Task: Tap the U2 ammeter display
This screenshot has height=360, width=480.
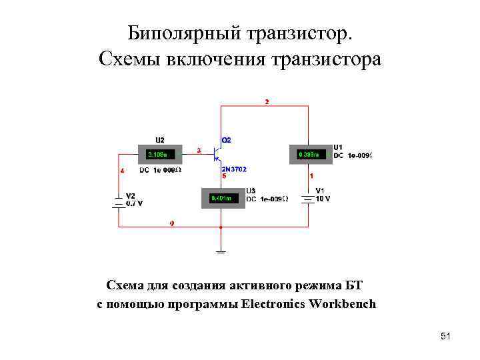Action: coord(160,155)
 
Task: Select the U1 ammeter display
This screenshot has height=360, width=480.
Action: coord(309,155)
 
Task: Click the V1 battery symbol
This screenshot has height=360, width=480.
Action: coord(307,199)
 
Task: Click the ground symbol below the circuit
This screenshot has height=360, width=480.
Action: coord(221,251)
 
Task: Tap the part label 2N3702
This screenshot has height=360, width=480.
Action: coord(233,169)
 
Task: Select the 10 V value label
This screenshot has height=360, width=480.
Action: coord(323,199)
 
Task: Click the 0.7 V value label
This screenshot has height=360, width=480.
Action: coord(135,203)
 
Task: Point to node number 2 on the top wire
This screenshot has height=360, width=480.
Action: coord(267,102)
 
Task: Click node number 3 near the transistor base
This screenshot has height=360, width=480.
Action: coord(199,151)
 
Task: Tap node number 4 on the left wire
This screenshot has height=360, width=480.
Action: coord(121,171)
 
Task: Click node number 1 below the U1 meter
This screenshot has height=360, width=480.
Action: coord(311,176)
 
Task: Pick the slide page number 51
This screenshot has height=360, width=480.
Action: coord(445,337)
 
